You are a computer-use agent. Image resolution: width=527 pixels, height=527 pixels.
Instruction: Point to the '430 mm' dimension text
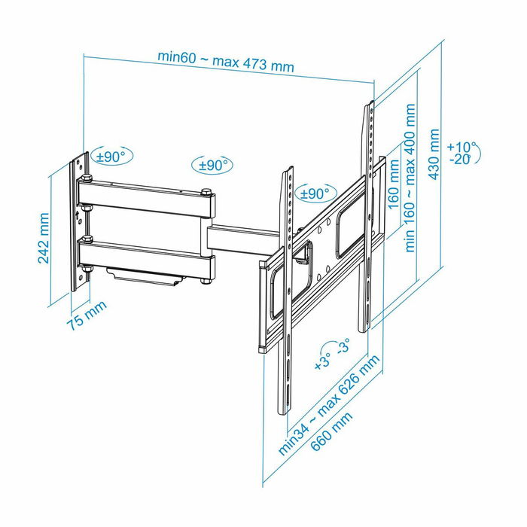point(434,154)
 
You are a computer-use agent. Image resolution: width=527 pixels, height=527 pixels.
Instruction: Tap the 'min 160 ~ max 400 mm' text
point(410,178)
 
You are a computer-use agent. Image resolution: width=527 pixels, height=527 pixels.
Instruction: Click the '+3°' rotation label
point(321,363)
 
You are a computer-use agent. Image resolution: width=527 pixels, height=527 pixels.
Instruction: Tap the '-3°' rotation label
point(343,348)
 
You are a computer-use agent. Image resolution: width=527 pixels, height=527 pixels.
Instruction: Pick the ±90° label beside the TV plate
point(314,193)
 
